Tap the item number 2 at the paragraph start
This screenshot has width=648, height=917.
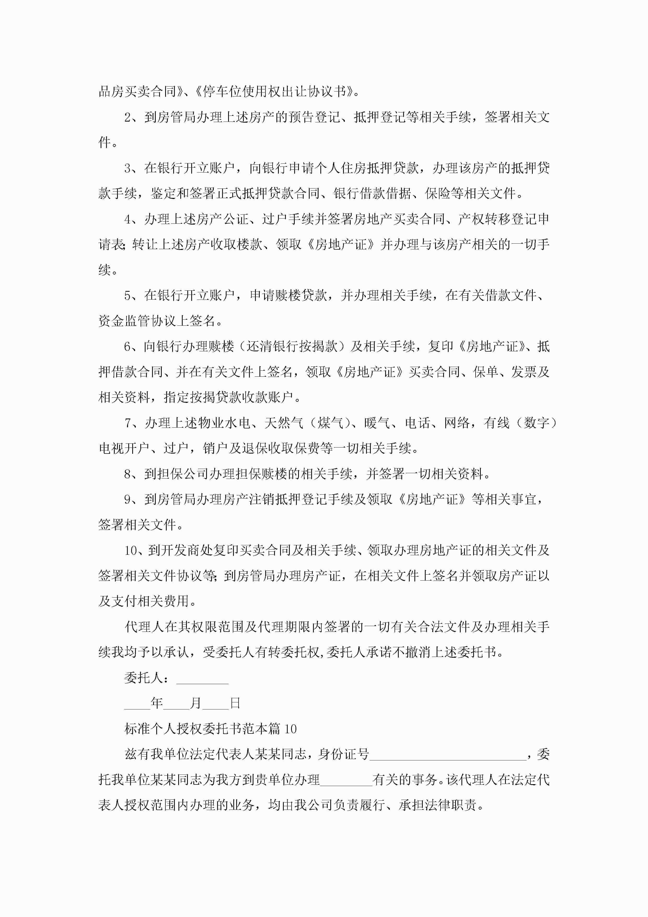[x=128, y=117]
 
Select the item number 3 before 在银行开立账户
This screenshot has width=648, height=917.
[x=128, y=168]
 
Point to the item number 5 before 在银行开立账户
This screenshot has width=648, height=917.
[x=128, y=296]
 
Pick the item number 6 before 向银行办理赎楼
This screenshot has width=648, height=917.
[x=128, y=346]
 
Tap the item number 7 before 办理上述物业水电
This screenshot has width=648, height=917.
[x=128, y=423]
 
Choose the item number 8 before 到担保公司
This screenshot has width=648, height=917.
[x=128, y=474]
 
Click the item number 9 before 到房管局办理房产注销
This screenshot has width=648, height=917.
[x=128, y=500]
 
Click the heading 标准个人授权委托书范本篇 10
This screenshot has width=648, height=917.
[x=210, y=729]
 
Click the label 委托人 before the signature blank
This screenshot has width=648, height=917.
[x=143, y=678]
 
